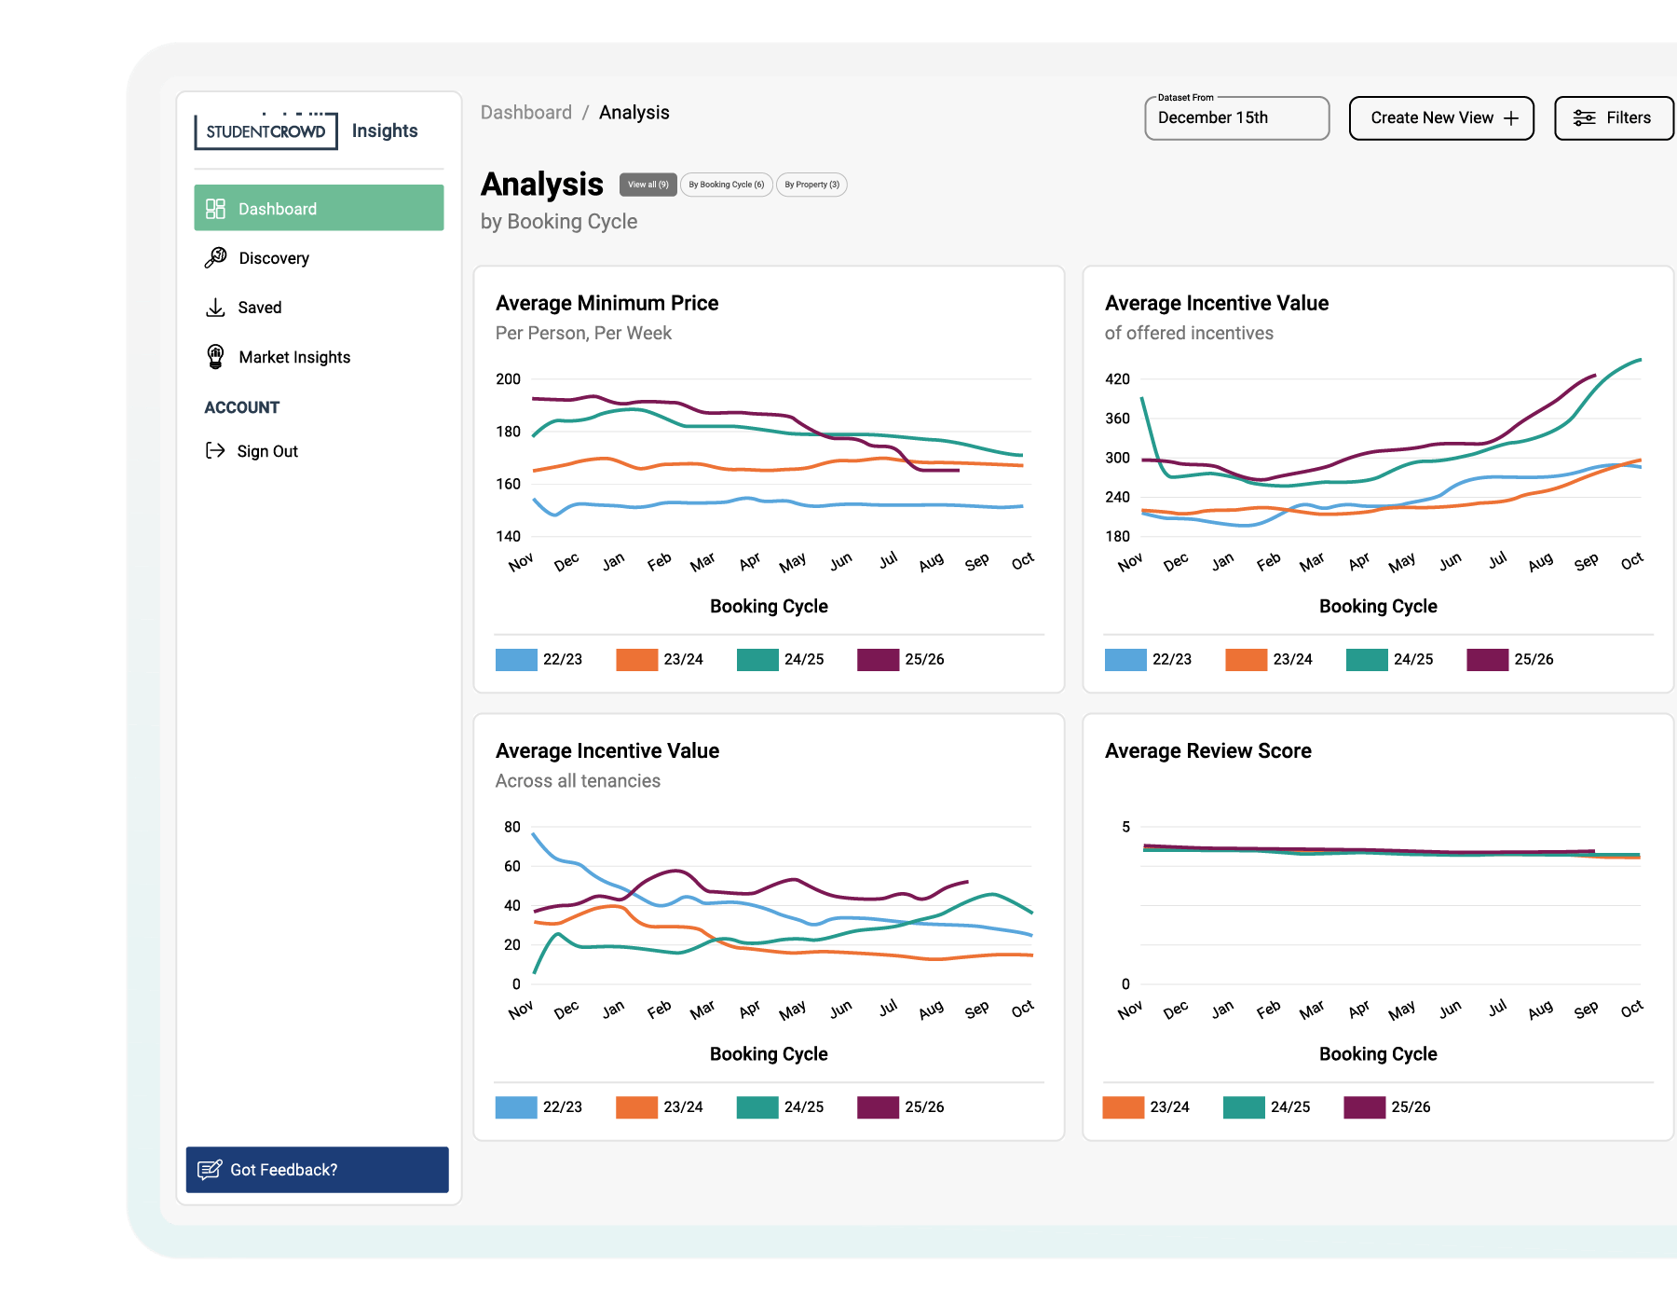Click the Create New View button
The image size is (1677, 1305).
click(1440, 118)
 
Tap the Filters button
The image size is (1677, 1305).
click(1613, 118)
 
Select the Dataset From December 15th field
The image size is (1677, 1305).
click(1235, 118)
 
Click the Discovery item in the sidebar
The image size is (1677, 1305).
click(273, 258)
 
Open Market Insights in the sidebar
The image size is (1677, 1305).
click(293, 357)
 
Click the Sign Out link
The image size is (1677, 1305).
click(266, 451)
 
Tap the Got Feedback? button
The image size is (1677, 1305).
click(317, 1169)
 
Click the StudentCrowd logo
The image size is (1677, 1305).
click(266, 131)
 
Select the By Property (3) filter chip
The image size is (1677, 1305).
click(811, 185)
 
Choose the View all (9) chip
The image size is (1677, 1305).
click(648, 185)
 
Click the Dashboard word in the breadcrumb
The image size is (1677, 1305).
click(525, 113)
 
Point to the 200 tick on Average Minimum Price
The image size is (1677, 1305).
click(508, 379)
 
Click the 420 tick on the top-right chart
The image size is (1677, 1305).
click(1117, 379)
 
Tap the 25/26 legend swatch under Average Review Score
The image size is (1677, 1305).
click(1364, 1106)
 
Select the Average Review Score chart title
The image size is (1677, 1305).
click(1207, 751)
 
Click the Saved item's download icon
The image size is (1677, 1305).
click(215, 308)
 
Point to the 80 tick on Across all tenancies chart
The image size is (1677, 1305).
click(511, 827)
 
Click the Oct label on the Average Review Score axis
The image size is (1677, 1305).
click(1631, 1009)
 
